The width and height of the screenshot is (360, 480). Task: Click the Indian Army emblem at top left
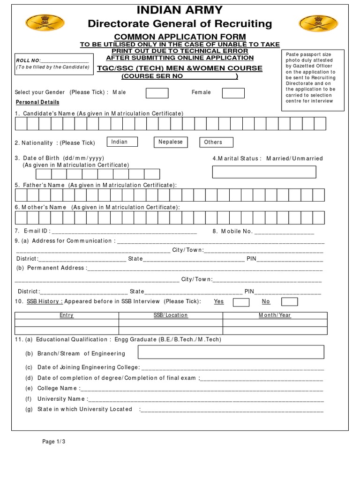38,22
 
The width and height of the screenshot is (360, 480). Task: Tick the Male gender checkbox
157,93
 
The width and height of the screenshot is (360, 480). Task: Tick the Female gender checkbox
233,93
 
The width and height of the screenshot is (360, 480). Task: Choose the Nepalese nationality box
171,142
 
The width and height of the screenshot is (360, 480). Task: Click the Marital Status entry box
264,172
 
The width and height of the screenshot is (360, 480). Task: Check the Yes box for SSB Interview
241,302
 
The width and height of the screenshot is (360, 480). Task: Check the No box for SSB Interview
289,301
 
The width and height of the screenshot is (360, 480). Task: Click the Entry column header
67,315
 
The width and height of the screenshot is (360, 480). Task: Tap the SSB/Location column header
171,315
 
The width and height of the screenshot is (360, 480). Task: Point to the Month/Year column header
275,315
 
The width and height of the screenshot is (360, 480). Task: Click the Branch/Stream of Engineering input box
231,352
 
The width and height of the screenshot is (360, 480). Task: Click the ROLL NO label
29,60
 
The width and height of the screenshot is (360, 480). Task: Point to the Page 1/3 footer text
54,442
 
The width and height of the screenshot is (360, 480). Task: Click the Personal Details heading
37,102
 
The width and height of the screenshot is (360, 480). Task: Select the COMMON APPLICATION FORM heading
180,37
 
